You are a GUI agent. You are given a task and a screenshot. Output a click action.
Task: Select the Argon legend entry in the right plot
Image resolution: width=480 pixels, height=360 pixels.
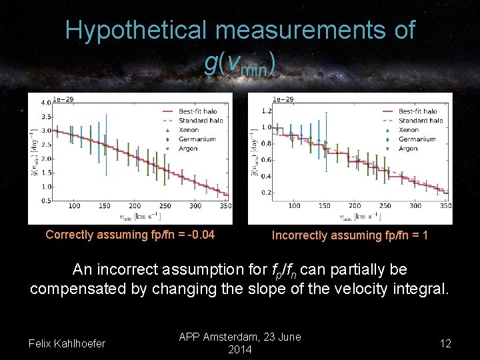[409, 149]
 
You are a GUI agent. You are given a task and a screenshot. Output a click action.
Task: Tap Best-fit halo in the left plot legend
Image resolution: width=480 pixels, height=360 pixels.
[198, 111]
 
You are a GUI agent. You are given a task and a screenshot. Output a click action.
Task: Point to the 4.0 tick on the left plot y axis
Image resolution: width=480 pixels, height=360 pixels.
[46, 103]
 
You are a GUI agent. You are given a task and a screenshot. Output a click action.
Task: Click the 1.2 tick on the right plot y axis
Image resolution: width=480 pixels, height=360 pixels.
[266, 111]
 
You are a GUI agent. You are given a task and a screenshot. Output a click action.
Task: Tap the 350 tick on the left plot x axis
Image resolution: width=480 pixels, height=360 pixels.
[225, 207]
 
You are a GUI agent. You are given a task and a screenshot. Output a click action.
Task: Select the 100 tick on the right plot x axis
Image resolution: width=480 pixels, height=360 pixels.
[294, 206]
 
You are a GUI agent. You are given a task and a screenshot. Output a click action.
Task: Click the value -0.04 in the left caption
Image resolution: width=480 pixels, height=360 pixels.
[199, 235]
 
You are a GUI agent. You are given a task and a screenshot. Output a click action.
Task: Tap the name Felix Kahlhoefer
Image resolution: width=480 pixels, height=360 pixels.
[67, 343]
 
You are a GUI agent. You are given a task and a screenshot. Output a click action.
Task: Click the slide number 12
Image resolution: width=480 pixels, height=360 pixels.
[445, 343]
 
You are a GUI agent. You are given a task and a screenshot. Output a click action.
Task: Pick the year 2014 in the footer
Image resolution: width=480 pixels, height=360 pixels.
[240, 349]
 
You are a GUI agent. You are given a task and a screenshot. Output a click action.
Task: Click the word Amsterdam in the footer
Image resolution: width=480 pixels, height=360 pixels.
[230, 337]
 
